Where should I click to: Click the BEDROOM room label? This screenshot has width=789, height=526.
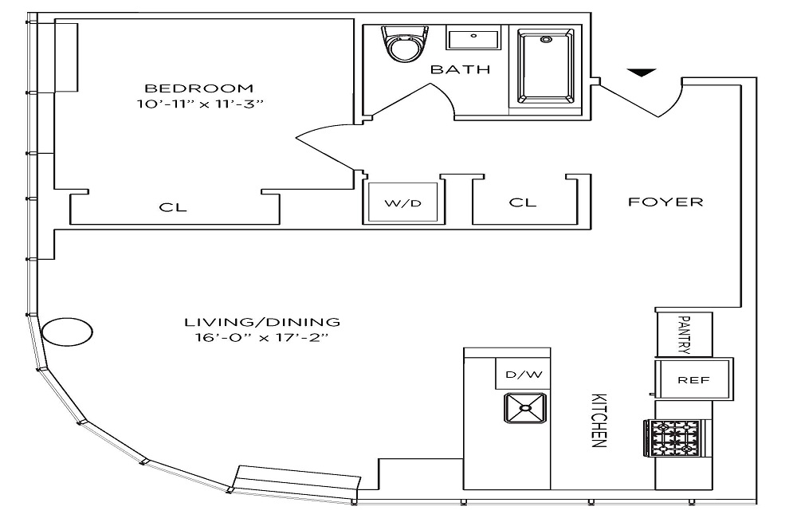pos(198,88)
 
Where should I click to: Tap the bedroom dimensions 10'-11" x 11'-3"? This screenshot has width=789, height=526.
pos(200,104)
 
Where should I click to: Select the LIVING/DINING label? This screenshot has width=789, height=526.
pos(262,322)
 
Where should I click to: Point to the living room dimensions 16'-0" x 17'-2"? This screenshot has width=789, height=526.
pos(261,337)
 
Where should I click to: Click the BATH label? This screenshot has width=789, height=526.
pos(461,69)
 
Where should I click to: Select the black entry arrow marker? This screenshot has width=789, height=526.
pos(642,73)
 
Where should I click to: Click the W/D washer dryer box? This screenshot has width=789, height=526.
pos(402,202)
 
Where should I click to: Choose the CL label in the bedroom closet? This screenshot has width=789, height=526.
pos(173,207)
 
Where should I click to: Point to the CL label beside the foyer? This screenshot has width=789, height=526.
pos(523,202)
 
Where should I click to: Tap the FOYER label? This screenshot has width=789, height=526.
pos(665,202)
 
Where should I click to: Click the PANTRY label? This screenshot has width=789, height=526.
pos(684,335)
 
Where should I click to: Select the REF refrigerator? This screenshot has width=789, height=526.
pos(693,379)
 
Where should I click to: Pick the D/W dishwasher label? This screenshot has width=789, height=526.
pos(524,375)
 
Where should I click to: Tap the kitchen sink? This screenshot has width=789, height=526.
pos(525,408)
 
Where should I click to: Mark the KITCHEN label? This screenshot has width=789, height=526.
pos(599,420)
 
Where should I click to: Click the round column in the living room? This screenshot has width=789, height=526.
pos(67,332)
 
